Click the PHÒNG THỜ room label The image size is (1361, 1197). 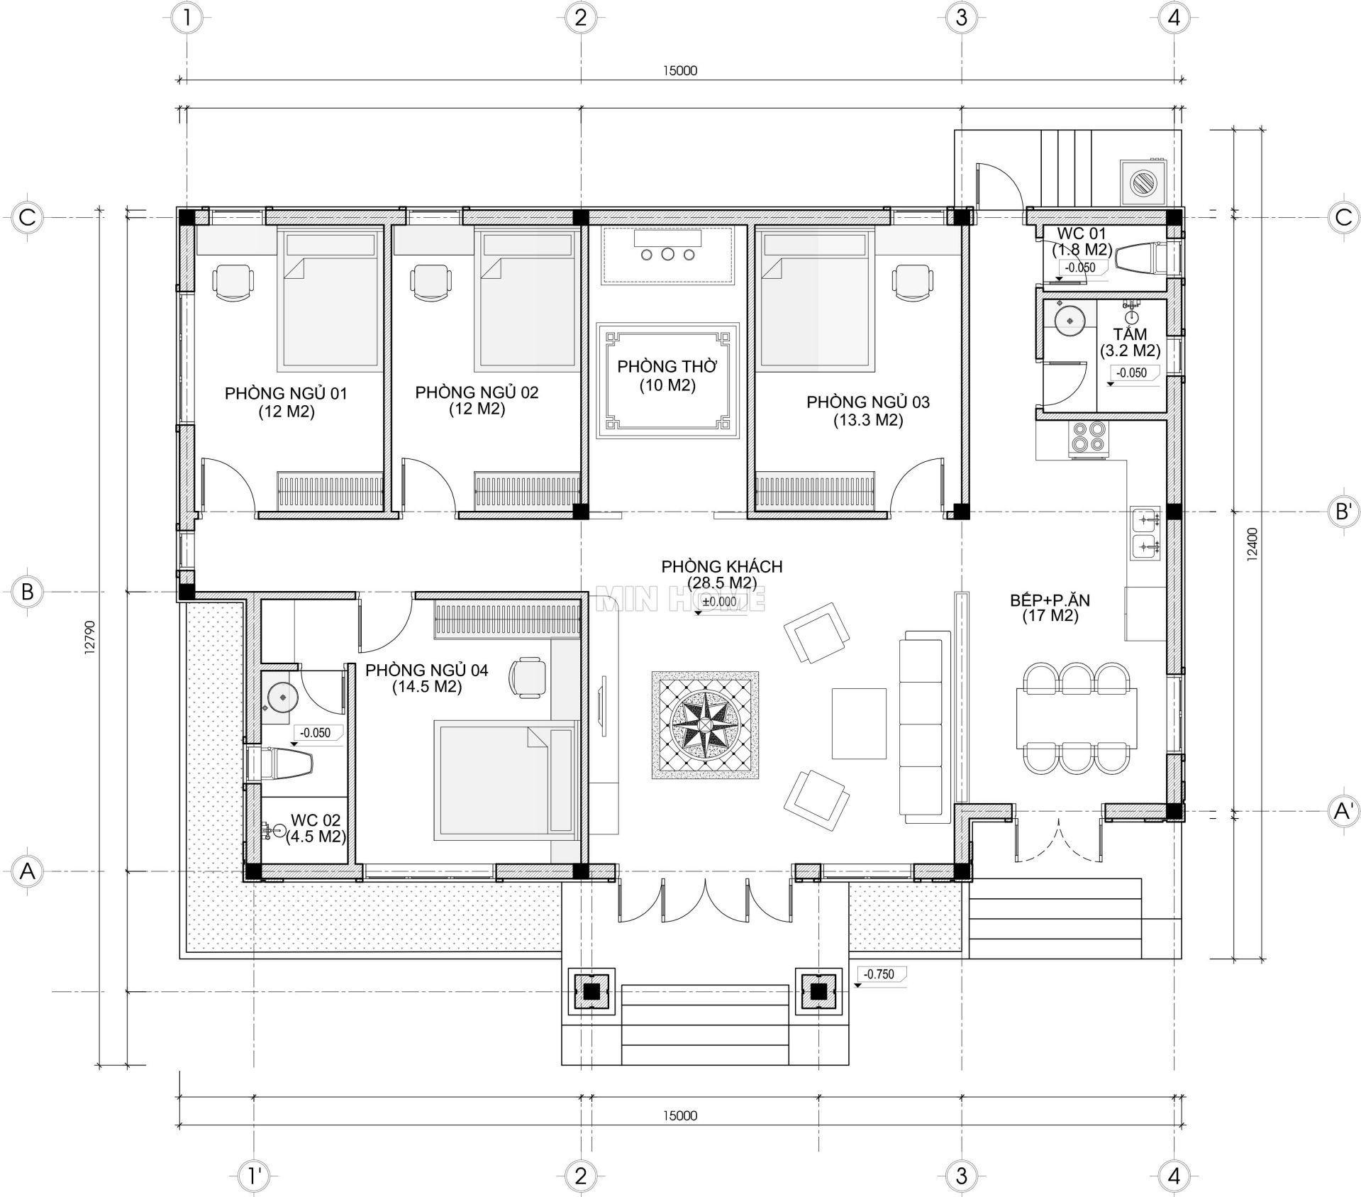[667, 375]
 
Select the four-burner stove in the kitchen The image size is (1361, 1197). [1087, 437]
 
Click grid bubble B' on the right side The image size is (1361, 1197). [1343, 512]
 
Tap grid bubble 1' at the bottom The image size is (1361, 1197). [252, 1176]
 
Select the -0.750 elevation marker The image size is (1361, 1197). [879, 974]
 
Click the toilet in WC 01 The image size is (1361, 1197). [1139, 258]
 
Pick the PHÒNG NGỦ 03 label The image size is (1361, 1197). [867, 411]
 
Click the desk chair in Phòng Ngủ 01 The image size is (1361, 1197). [232, 283]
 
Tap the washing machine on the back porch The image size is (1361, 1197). [1143, 182]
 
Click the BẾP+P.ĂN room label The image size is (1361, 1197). [1050, 608]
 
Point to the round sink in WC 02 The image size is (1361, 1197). [280, 696]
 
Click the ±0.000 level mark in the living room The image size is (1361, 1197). [719, 602]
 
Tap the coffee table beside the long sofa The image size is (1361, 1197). [859, 723]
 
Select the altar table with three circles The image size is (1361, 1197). [667, 254]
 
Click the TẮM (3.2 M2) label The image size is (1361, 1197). [1130, 342]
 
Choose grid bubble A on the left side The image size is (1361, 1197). [27, 871]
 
